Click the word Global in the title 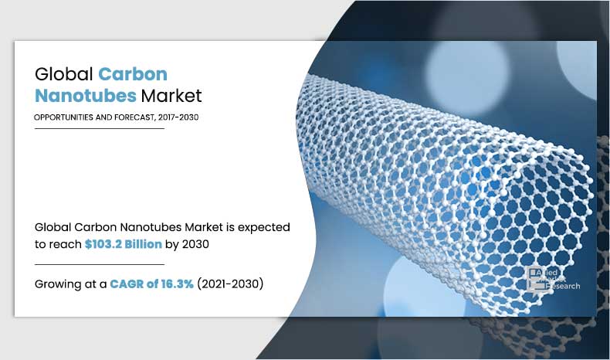click(64, 75)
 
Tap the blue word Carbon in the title click(133, 75)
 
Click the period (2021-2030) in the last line click(231, 284)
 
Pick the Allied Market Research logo click(553, 278)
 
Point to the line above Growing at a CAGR click(100, 264)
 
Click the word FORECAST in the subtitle click(138, 117)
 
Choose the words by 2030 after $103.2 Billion click(188, 245)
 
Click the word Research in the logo click(563, 286)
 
